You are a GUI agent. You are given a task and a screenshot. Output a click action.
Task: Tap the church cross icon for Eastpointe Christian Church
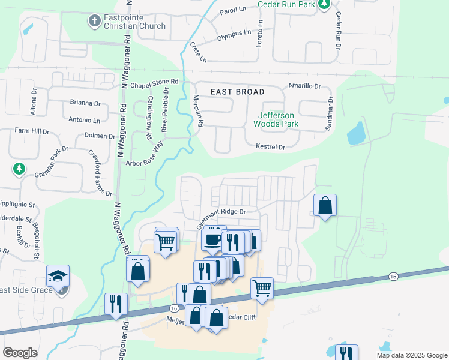point(94,21)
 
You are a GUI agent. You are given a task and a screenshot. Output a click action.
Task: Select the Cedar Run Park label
point(286,4)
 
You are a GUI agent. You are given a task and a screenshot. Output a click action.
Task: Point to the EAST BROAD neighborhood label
point(238,92)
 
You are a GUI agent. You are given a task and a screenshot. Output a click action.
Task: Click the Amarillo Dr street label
point(305,86)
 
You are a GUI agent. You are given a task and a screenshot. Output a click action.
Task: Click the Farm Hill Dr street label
point(32,130)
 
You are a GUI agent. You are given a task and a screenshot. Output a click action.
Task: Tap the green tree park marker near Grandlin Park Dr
point(19,169)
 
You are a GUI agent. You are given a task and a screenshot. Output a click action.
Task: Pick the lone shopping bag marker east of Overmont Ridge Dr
point(325,205)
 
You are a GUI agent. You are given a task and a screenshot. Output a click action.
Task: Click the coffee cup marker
point(212,239)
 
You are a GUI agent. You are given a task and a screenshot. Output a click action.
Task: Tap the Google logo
point(20,353)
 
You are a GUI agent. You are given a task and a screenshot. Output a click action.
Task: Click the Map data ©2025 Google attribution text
point(411,355)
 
